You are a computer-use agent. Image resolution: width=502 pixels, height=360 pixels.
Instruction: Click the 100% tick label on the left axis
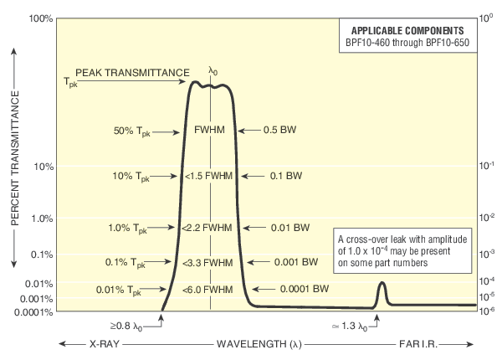point(40,18)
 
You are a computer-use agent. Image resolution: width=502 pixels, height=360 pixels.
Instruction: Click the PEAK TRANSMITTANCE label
point(131,73)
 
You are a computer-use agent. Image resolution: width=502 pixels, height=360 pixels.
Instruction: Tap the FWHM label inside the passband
point(210,131)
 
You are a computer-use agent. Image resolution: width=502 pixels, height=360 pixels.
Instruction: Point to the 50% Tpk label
point(133,131)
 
